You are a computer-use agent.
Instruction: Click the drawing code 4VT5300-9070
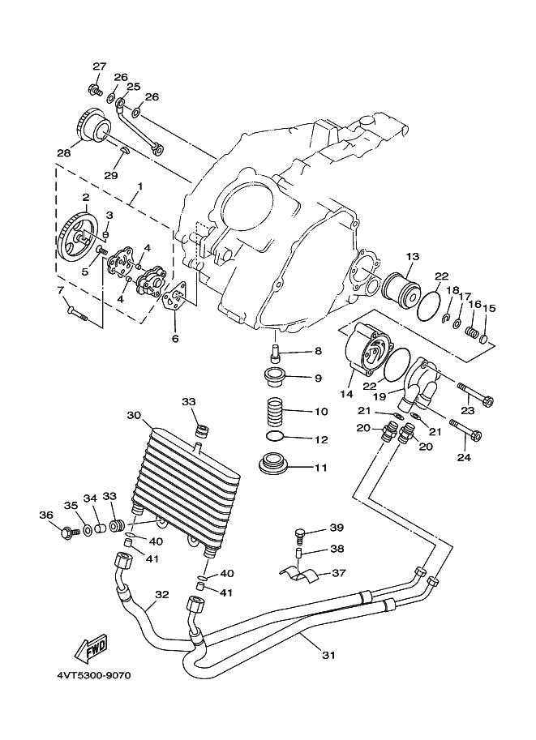tap(93, 675)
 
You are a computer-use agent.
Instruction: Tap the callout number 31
tap(328, 655)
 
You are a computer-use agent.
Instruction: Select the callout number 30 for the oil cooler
tap(134, 415)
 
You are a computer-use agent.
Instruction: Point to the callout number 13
tap(412, 257)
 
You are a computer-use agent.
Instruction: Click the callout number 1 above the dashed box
tap(139, 186)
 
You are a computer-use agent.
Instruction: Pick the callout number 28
tap(64, 153)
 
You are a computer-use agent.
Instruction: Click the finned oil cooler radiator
tap(187, 486)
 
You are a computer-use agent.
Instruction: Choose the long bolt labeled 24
tap(465, 429)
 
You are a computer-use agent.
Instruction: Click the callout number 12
tap(321, 439)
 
